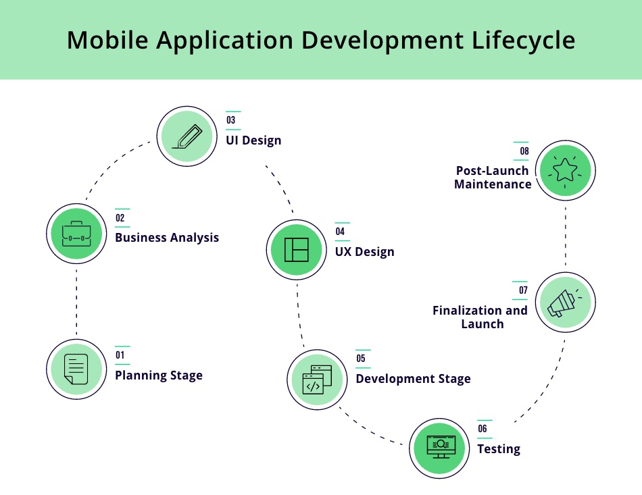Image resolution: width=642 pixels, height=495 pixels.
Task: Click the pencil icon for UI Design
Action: pos(187,136)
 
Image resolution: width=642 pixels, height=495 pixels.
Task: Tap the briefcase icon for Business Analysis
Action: pos(76,234)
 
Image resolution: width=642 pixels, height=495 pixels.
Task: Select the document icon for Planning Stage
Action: pos(76,369)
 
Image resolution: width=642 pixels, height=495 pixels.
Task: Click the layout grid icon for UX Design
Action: pos(297,250)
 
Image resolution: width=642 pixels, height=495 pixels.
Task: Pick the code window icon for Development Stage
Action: pos(317,380)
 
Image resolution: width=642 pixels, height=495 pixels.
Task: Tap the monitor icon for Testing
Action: pos(441,447)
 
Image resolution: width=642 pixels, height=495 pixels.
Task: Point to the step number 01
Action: pos(120,355)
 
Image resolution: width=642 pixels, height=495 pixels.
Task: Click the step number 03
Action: pos(231,120)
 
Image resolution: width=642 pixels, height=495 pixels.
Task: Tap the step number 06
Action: pos(483,429)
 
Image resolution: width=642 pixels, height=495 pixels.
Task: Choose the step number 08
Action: pos(524,151)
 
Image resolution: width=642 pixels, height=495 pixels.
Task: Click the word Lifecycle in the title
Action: pos(523,41)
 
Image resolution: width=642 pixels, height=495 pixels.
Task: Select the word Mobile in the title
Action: pos(107,40)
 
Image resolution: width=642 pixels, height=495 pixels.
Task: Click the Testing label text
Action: pos(499,449)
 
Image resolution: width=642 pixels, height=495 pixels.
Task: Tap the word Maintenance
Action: pos(493,184)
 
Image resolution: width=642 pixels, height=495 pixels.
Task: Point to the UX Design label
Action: pos(365,252)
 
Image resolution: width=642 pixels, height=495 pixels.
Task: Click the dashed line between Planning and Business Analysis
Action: pos(76,302)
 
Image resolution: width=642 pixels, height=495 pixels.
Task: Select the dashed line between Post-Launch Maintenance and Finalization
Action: pos(566,236)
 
